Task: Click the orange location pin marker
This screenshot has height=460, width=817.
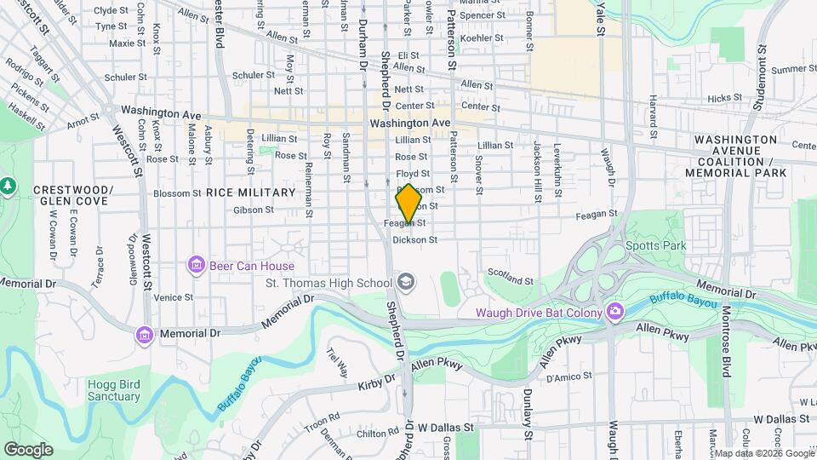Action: click(408, 203)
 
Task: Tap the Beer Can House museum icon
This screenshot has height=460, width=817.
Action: click(197, 265)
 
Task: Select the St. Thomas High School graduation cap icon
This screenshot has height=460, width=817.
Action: click(406, 282)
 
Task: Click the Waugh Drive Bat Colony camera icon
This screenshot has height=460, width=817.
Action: click(614, 312)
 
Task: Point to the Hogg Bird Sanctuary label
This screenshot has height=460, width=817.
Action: click(113, 390)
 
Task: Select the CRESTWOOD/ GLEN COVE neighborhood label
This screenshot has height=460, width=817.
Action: click(72, 195)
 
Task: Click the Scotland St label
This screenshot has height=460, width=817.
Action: click(510, 276)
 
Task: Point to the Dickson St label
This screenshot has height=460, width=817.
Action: click(414, 240)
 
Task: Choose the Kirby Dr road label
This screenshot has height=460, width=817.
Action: click(379, 380)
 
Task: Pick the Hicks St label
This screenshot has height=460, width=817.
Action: click(724, 98)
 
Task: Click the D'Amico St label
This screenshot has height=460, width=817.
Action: click(563, 377)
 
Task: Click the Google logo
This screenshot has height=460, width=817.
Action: click(28, 449)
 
